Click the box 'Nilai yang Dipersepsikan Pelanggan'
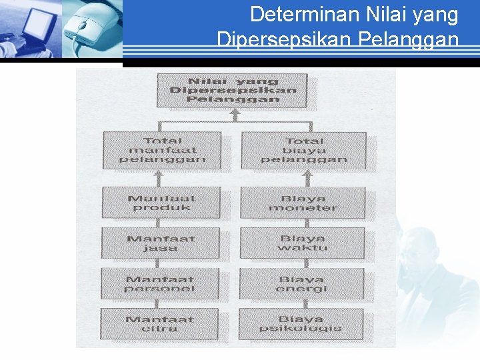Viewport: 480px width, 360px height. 232,90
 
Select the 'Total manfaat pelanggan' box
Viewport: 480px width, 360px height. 163,150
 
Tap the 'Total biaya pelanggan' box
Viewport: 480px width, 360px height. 303,150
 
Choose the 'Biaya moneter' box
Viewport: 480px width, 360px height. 303,203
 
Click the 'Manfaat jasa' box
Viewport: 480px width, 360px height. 161,243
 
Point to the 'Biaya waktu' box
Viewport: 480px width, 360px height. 303,243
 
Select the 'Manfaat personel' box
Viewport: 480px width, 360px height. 160,284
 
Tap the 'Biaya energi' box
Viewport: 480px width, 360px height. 302,284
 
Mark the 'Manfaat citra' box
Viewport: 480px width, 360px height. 160,324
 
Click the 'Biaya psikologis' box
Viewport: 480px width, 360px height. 301,324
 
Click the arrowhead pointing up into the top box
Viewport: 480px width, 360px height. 233,114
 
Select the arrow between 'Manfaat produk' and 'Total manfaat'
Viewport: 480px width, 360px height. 159,177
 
